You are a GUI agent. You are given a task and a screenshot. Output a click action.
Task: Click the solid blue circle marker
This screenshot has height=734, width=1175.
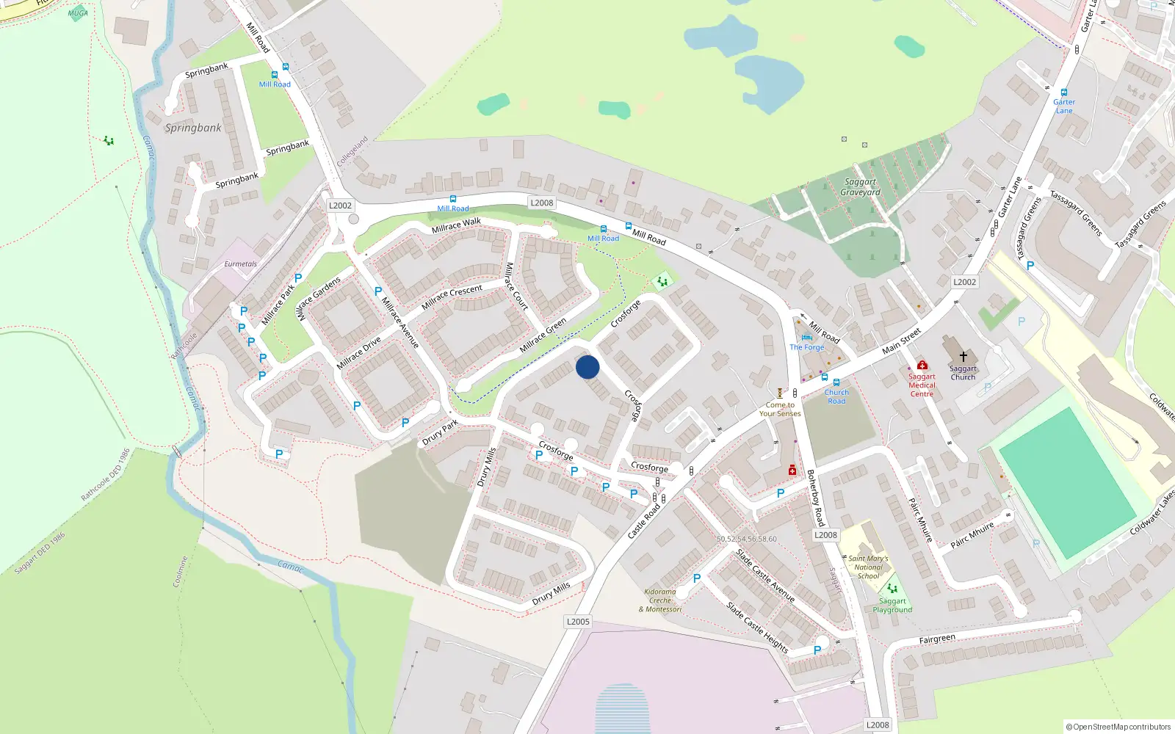587,367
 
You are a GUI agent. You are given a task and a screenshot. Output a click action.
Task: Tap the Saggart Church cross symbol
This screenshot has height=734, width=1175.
963,357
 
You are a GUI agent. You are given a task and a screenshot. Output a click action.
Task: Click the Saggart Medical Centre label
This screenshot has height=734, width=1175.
922,385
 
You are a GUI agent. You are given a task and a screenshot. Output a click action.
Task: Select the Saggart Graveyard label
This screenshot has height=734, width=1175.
860,187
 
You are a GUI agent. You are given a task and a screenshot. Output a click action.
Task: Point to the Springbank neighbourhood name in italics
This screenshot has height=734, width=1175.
192,128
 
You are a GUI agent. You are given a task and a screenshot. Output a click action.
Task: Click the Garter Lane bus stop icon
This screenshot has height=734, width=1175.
1063,92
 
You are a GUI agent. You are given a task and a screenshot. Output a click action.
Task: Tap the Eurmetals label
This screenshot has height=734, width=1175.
241,264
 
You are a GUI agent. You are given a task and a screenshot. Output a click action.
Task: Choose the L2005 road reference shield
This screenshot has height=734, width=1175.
578,622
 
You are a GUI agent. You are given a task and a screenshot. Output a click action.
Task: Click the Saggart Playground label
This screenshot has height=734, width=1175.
892,606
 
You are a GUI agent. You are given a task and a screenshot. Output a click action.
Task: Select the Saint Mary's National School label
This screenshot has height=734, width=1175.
868,567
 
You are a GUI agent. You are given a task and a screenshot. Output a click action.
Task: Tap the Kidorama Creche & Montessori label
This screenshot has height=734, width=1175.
660,600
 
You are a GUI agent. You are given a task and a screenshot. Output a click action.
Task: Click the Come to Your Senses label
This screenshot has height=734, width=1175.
780,410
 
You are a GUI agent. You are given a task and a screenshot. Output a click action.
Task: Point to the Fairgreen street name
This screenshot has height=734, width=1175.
937,639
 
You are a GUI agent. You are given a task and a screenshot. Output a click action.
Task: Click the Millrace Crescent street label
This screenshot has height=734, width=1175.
452,297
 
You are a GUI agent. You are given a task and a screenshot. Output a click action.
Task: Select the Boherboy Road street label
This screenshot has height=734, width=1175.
815,498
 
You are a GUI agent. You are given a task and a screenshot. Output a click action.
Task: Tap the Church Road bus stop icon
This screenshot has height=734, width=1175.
836,382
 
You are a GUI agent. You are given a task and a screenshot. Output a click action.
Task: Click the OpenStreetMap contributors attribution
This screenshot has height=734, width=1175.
1118,727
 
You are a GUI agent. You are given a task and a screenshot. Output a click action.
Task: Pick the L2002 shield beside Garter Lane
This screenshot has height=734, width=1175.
964,282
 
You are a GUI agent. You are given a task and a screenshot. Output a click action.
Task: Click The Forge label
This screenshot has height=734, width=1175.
806,347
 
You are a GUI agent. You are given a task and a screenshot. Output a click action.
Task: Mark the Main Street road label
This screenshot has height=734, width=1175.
901,341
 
